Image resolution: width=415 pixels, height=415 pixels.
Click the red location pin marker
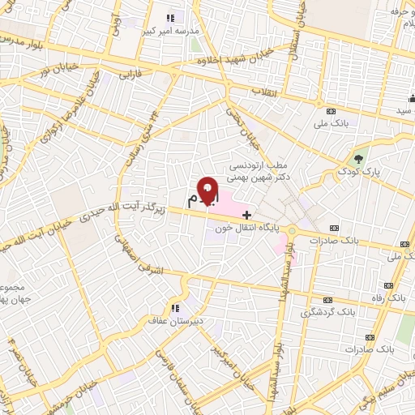(x=208, y=190)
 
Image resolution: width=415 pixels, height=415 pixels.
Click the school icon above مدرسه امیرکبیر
(x=169, y=18)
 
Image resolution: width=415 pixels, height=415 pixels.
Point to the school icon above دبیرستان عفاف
(x=174, y=308)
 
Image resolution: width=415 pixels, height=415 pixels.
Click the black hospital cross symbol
(x=246, y=215)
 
